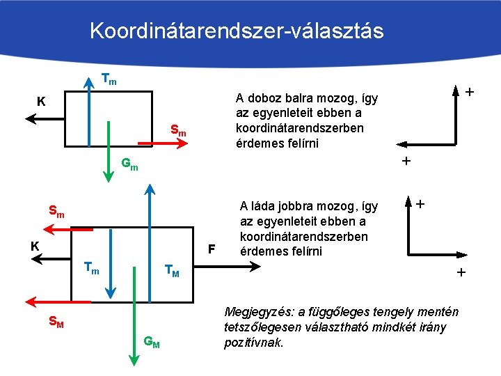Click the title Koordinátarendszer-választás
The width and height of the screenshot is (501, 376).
(x=237, y=31)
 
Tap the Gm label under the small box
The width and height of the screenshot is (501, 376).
(x=129, y=165)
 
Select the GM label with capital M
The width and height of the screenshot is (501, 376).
(x=152, y=341)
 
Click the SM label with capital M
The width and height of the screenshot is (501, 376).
(x=56, y=322)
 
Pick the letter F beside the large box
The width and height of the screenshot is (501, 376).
(x=212, y=249)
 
